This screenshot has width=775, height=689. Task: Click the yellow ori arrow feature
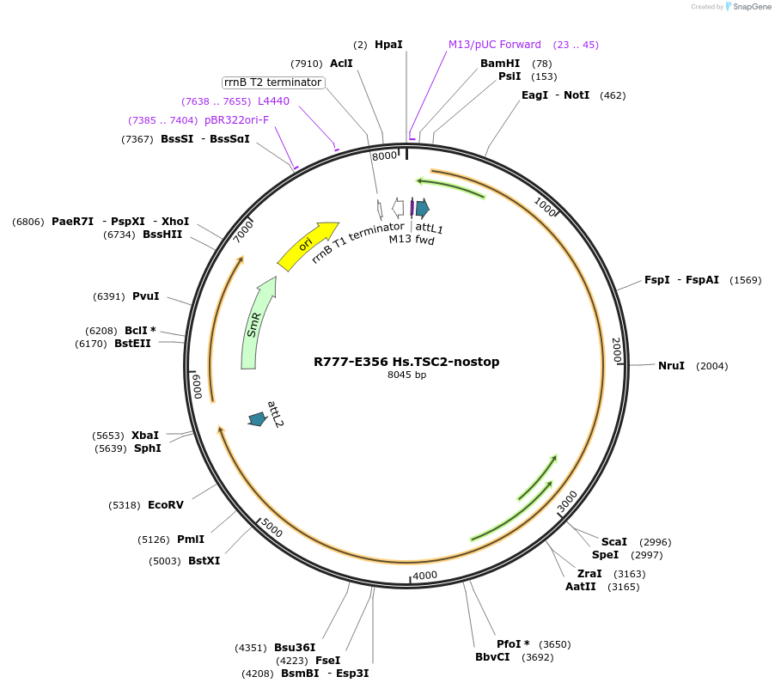point(308,245)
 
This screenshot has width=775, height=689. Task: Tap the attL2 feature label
point(275,414)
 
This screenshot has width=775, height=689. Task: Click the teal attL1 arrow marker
point(423,208)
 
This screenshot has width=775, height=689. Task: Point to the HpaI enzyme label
point(388,44)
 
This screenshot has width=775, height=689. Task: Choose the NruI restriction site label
point(671,366)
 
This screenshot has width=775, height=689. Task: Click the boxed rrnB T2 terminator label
point(272,82)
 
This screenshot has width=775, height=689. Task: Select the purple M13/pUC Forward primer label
point(495,45)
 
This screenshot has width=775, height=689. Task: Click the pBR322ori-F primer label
point(236,120)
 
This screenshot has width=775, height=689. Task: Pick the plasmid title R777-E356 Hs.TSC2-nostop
point(406,362)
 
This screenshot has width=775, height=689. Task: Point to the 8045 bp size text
point(406,375)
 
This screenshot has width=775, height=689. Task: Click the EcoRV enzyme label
point(166,505)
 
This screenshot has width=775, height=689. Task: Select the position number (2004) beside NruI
point(711,366)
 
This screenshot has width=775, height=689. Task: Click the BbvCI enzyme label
point(492,657)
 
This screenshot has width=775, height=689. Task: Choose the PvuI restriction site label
point(146,296)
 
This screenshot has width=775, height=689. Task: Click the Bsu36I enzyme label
point(295,648)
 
